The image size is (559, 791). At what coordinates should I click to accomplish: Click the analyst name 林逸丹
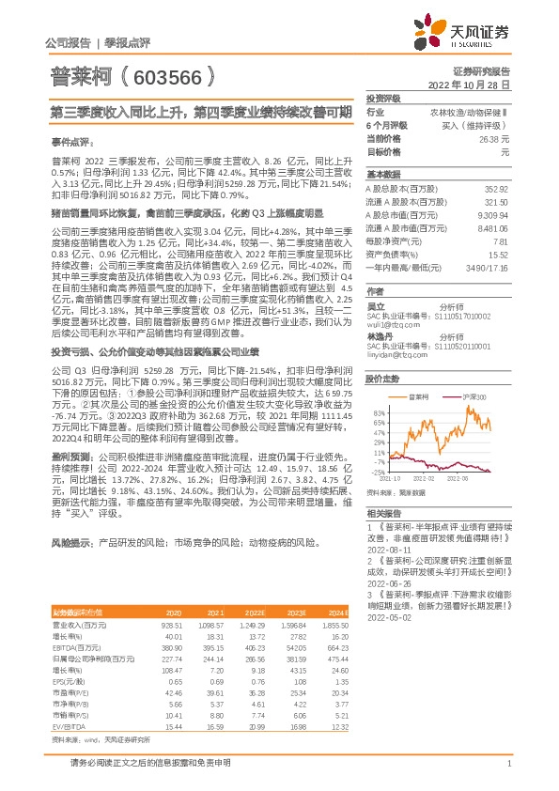click(379, 335)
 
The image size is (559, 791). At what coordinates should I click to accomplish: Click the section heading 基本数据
click(382, 175)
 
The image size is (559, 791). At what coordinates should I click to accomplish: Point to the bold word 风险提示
click(71, 544)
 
